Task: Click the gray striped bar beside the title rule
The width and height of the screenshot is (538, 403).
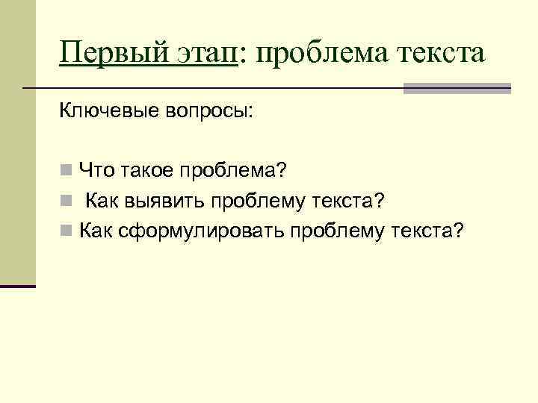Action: pyautogui.click(x=457, y=88)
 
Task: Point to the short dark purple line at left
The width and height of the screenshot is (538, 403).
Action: pyautogui.click(x=18, y=286)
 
